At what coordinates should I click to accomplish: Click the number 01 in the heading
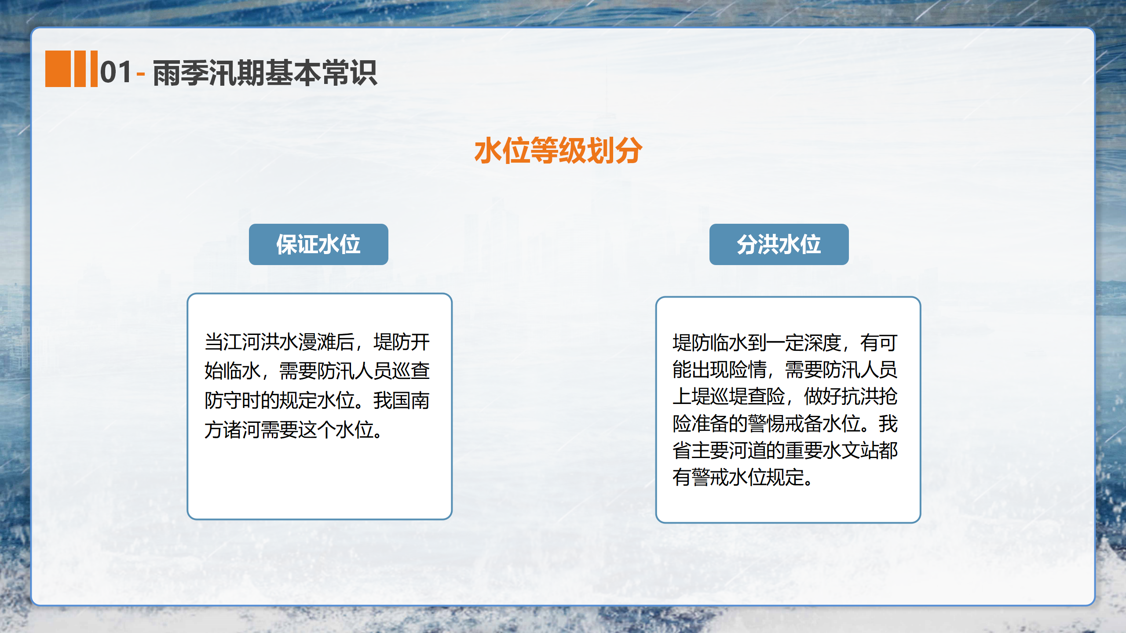click(x=116, y=72)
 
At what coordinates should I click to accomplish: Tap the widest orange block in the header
click(x=58, y=69)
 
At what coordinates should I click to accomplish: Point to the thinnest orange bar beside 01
click(x=94, y=69)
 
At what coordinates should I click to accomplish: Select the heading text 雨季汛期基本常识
click(x=265, y=73)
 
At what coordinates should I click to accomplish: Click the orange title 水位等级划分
click(x=558, y=150)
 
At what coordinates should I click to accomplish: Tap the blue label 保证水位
click(x=318, y=244)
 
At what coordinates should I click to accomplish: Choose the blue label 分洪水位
click(x=779, y=244)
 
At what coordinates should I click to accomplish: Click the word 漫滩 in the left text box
click(x=317, y=342)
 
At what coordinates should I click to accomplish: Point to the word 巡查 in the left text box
click(x=411, y=371)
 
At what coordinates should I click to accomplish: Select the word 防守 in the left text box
click(x=223, y=400)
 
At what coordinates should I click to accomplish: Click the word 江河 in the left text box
click(x=242, y=342)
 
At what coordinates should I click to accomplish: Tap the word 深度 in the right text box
click(x=823, y=343)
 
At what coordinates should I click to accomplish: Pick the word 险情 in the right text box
click(x=747, y=370)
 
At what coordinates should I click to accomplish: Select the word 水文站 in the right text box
click(x=851, y=451)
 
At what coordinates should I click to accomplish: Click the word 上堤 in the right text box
click(x=691, y=397)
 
